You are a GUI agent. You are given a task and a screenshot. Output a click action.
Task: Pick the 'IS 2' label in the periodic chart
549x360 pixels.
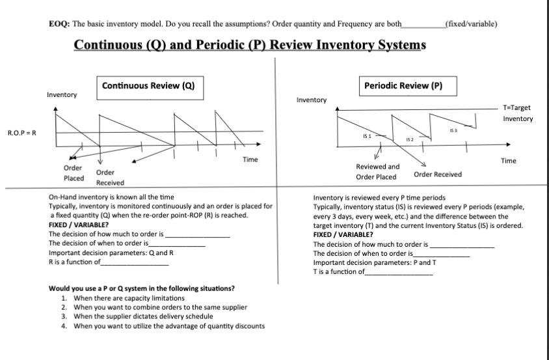(x=410, y=140)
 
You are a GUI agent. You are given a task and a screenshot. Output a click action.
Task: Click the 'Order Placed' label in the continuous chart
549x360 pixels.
(x=73, y=173)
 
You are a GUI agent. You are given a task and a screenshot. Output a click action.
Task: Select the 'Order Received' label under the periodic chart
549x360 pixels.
(x=437, y=174)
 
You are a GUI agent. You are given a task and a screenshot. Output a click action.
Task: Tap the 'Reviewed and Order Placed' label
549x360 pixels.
(x=378, y=172)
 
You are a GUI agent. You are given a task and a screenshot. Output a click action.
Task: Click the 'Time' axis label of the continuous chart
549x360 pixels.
(x=250, y=159)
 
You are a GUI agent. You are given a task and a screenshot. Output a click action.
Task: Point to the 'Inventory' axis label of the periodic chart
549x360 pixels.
(x=311, y=100)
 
